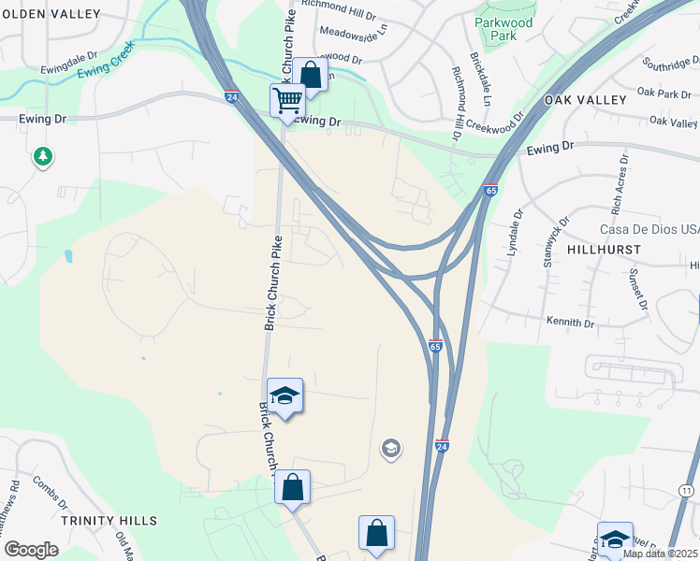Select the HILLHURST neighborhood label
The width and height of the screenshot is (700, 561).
604,250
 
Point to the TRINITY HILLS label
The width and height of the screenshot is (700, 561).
109,520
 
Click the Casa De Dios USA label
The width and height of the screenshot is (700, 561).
649,230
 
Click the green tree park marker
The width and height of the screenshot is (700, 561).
42,156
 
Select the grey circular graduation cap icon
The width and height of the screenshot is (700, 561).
390,450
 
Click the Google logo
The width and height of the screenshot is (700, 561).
31,549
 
